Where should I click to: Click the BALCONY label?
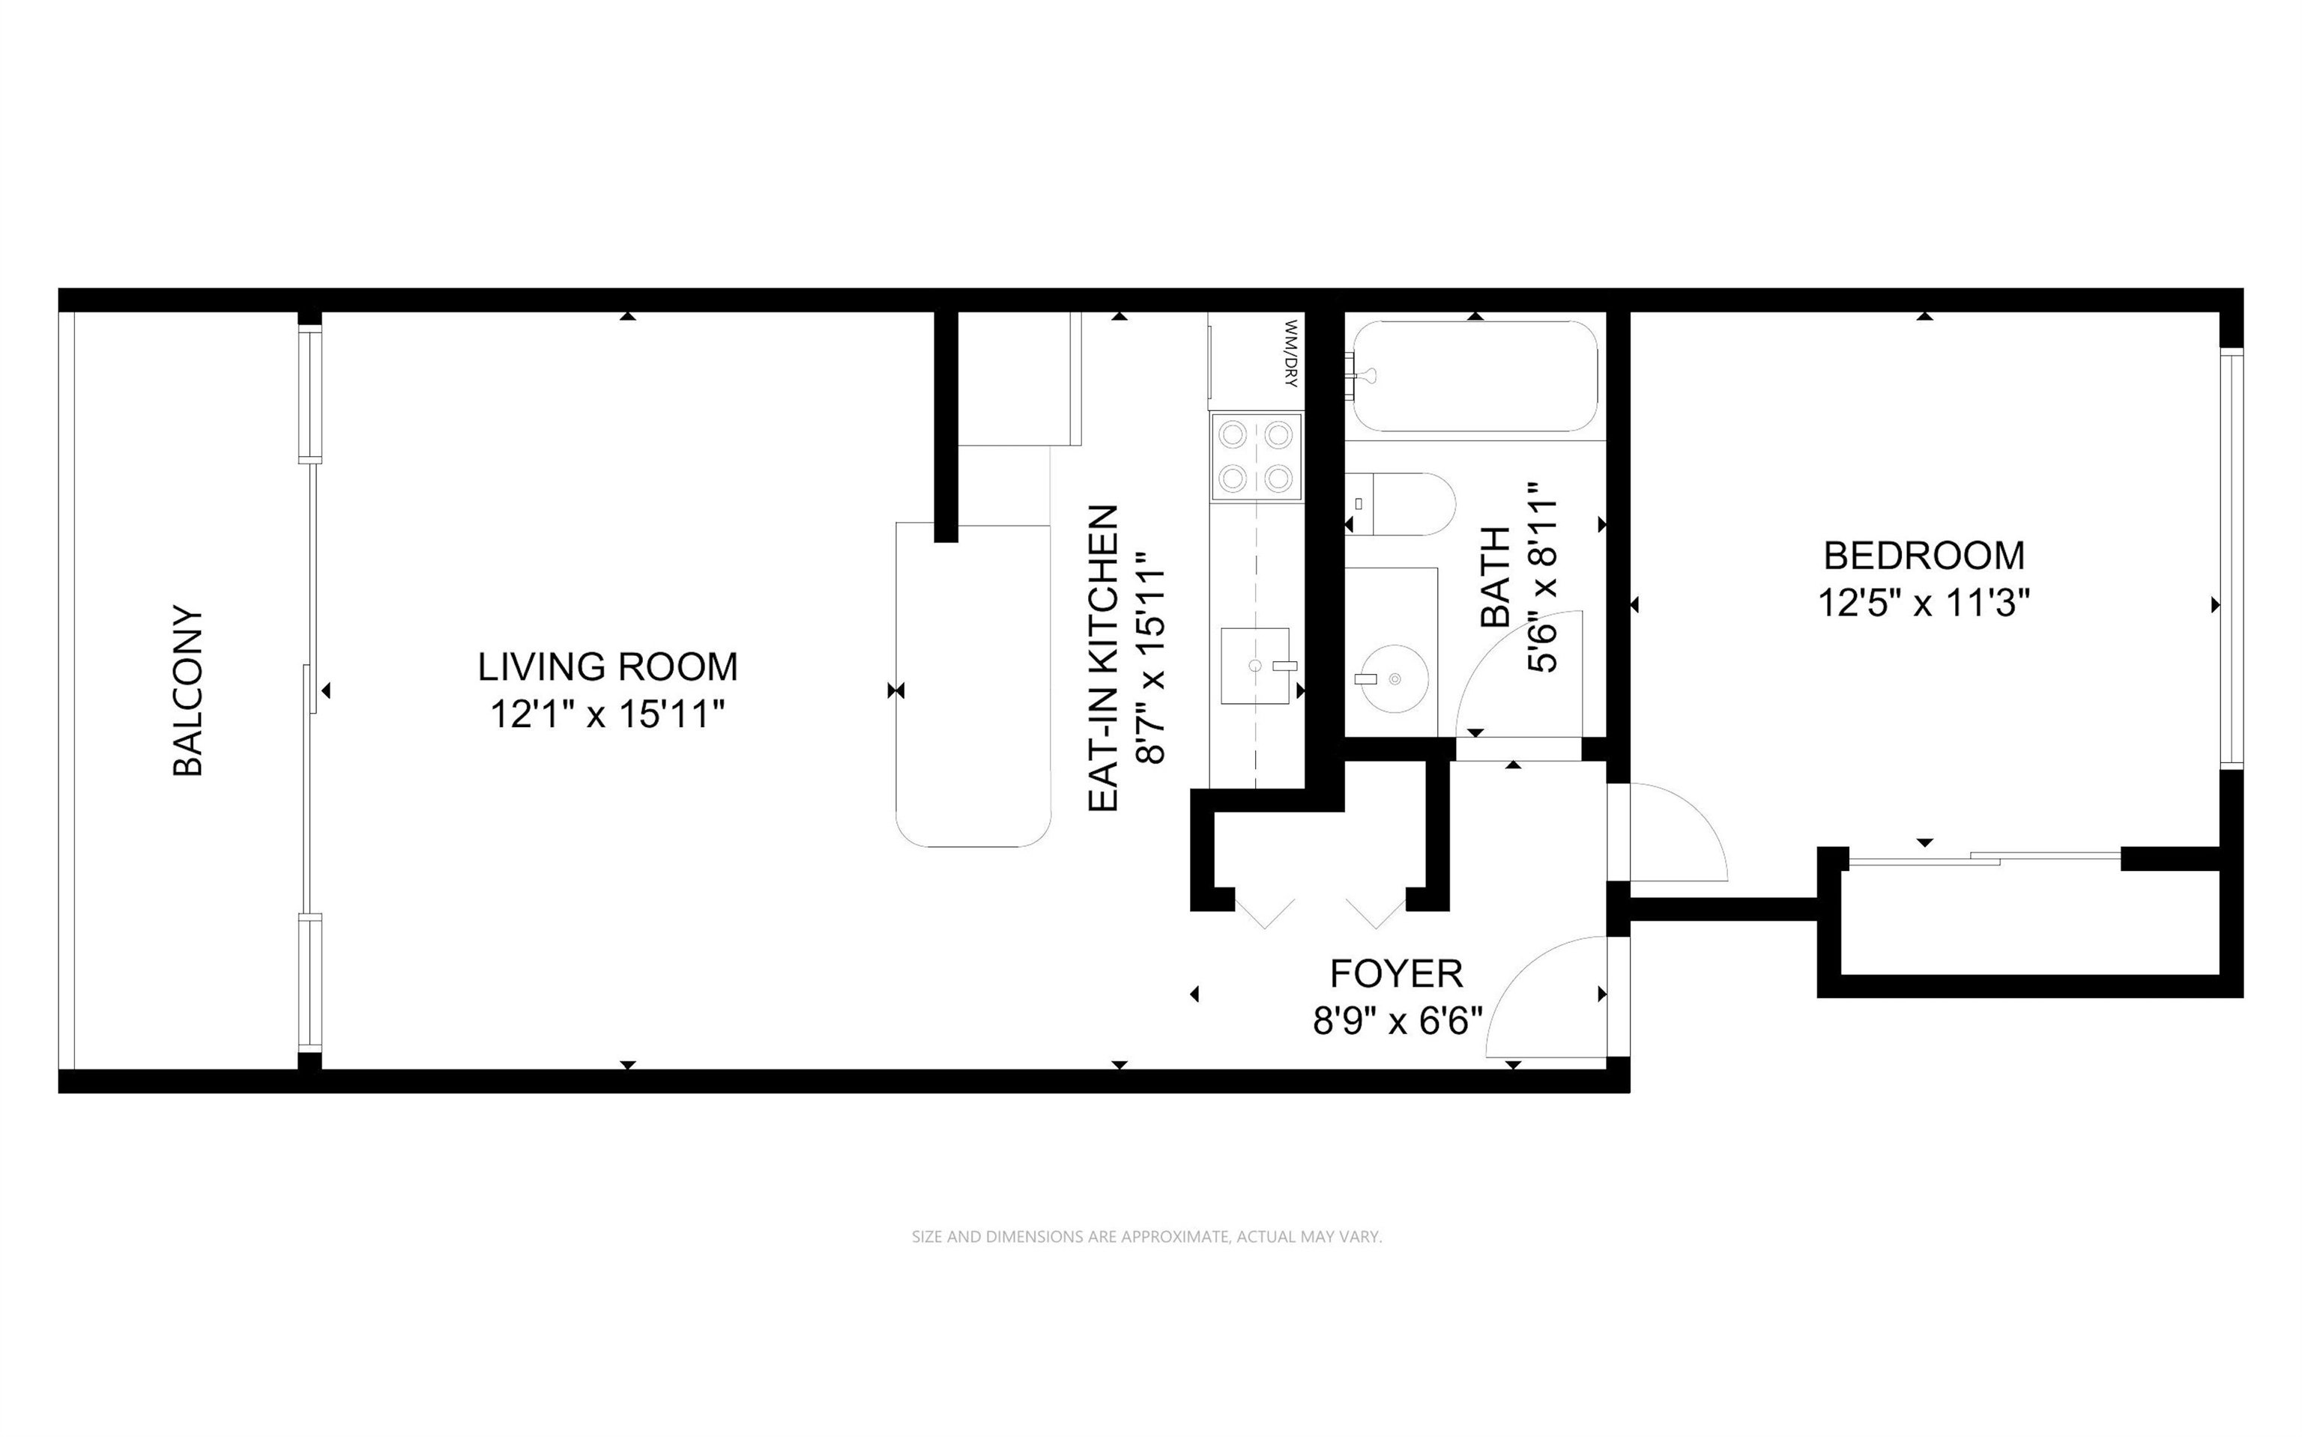tap(188, 691)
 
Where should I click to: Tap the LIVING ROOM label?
tap(608, 667)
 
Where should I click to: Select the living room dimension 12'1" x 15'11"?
tap(608, 714)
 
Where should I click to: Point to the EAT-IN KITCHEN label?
tap(1103, 657)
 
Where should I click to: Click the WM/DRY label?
tap(1290, 353)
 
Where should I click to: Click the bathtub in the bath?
tap(1474, 377)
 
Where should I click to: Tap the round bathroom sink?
tap(1392, 678)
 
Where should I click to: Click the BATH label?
tap(1496, 577)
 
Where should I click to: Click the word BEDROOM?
tap(1924, 555)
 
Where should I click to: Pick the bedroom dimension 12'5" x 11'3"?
tap(1924, 603)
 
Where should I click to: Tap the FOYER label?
tap(1396, 974)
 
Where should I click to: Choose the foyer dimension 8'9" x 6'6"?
tap(1398, 1021)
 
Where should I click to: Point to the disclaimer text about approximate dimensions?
tap(1147, 1236)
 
